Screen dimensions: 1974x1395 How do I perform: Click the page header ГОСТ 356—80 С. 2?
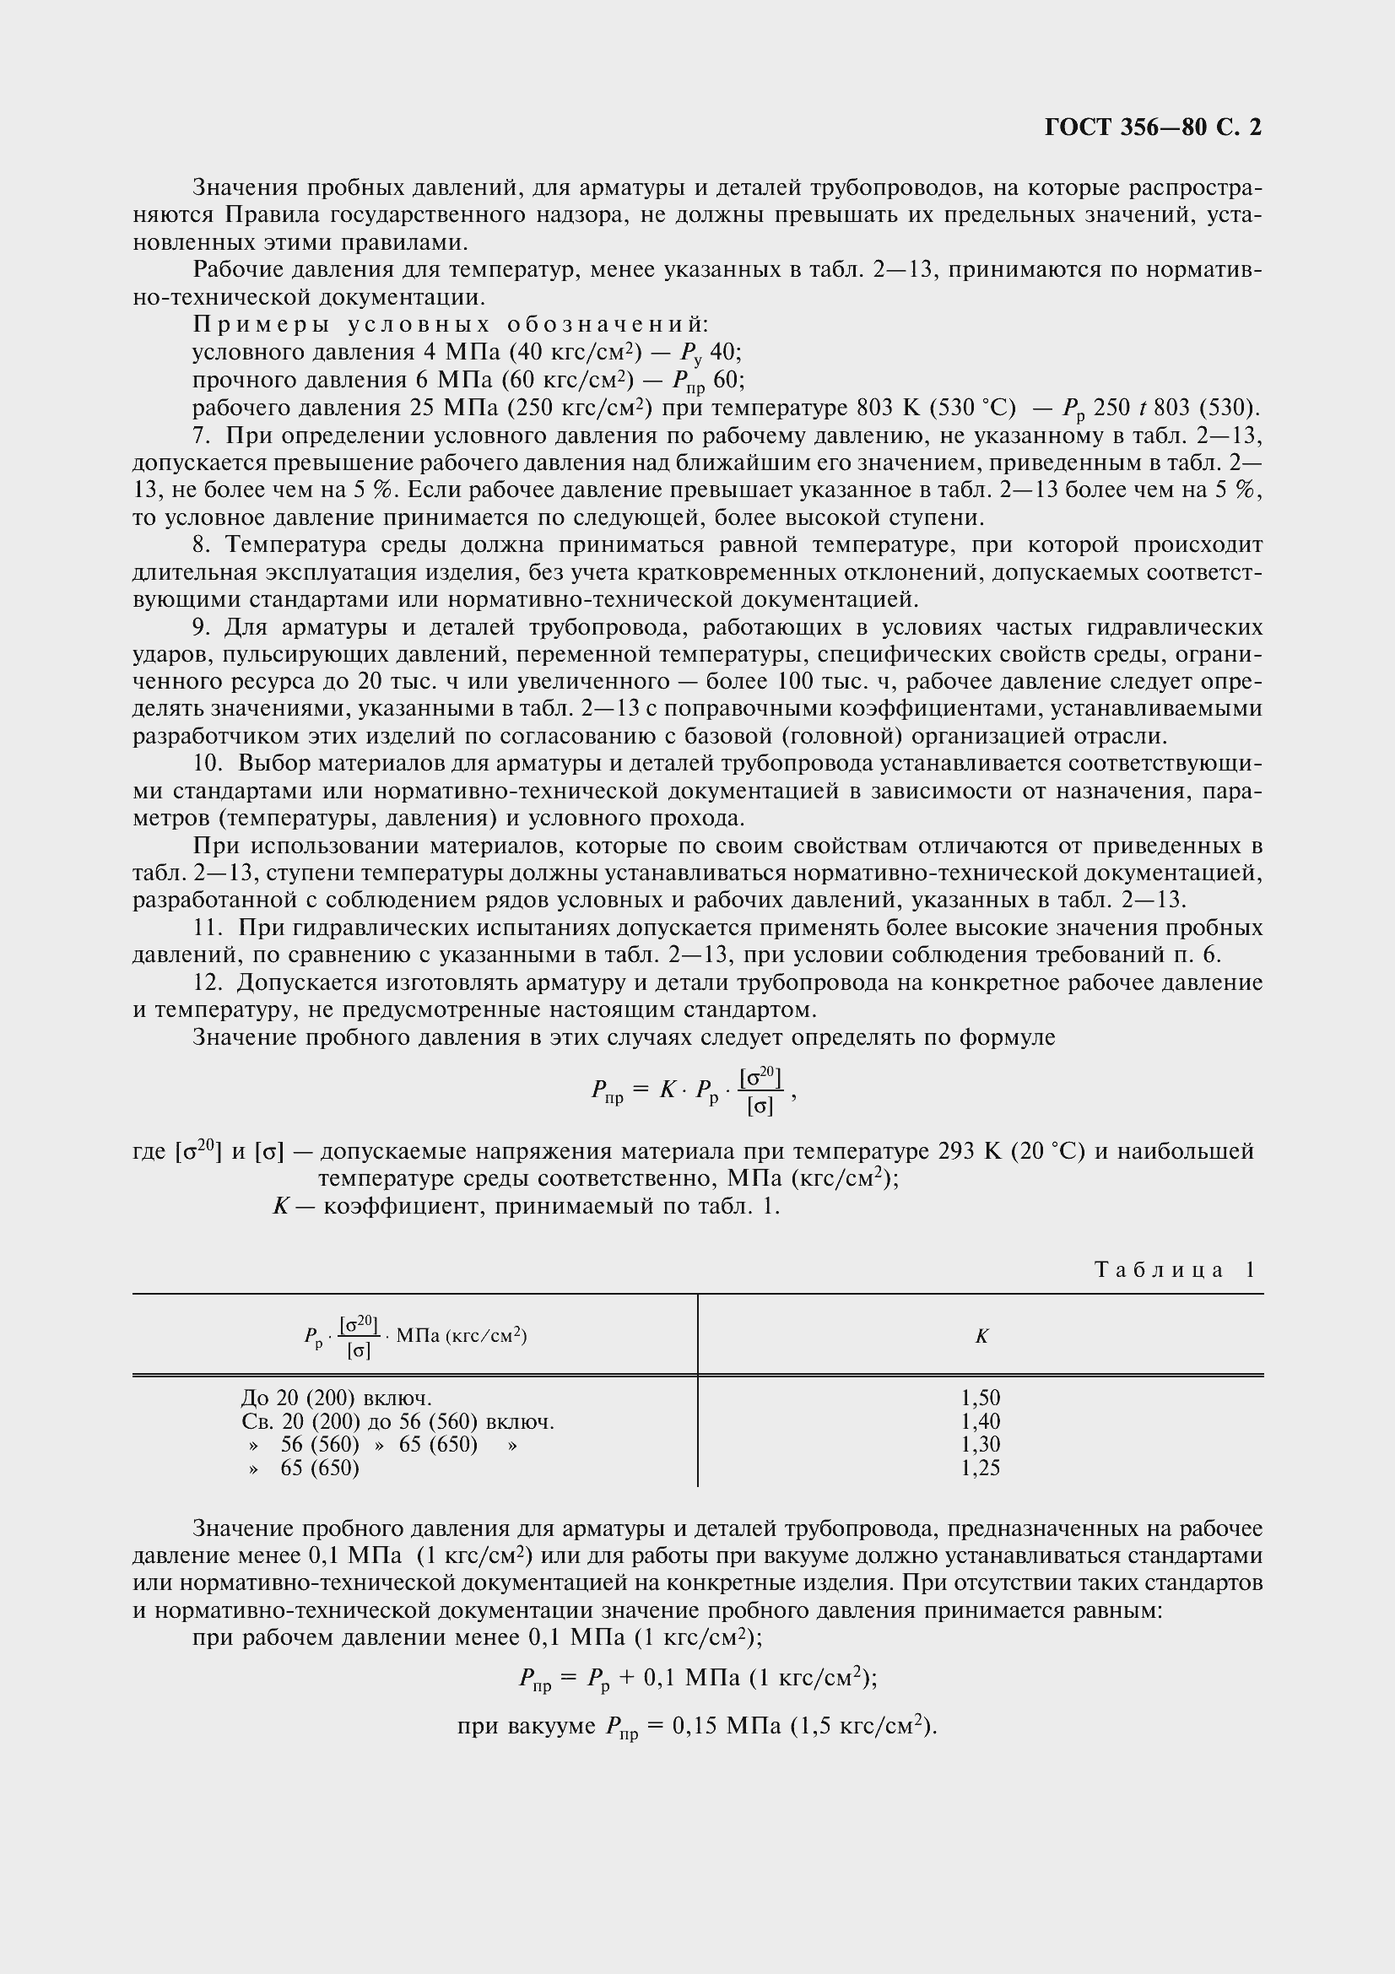[x=1153, y=127]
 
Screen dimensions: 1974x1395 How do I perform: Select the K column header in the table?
[x=981, y=1336]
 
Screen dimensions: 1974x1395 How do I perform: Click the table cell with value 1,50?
[x=981, y=1398]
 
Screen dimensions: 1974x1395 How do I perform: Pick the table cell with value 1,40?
[x=981, y=1421]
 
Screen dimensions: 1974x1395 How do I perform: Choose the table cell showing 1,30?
[x=981, y=1444]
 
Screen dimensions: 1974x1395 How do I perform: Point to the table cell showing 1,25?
[x=981, y=1468]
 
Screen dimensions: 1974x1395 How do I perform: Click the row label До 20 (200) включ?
[x=337, y=1398]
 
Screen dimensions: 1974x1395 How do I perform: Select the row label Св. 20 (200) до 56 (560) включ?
[x=398, y=1421]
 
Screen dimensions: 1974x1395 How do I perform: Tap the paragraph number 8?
[x=202, y=545]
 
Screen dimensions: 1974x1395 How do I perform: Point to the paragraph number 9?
[x=202, y=627]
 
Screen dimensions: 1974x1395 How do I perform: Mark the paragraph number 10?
[x=208, y=764]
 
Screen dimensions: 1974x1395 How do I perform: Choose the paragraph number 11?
[x=208, y=928]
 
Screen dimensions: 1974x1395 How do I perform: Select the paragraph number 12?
[x=208, y=982]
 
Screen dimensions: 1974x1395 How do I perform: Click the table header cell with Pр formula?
[x=415, y=1336]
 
